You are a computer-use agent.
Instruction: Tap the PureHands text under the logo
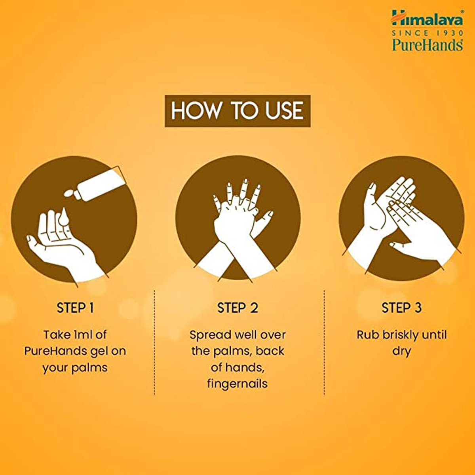(x=427, y=44)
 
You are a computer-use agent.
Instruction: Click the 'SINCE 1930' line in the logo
(x=427, y=33)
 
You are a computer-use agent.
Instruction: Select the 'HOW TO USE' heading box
(x=237, y=111)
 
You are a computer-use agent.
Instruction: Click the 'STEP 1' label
(x=75, y=308)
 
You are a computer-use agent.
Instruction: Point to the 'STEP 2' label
(x=237, y=308)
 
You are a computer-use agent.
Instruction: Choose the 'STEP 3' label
(x=401, y=308)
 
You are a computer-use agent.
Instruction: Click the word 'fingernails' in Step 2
(x=237, y=384)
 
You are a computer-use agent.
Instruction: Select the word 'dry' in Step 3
(x=401, y=351)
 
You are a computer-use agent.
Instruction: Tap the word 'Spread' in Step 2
(x=209, y=335)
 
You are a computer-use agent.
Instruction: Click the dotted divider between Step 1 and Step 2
(x=154, y=342)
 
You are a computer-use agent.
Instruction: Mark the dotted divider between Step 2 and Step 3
(x=324, y=342)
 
